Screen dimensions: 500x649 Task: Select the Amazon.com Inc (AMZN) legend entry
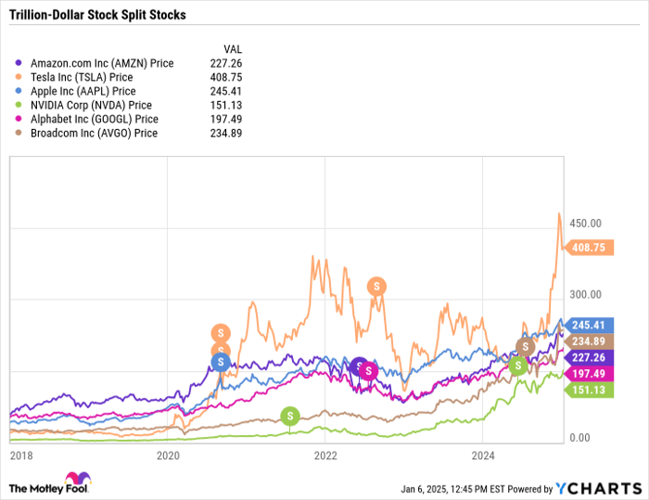pyautogui.click(x=101, y=63)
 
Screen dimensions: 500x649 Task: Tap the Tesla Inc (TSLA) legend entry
pyautogui.click(x=83, y=77)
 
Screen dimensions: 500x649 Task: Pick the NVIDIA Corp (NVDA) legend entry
pyautogui.click(x=90, y=105)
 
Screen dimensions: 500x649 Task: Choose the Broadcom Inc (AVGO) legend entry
pyautogui.click(x=94, y=133)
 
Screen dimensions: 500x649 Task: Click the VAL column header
pyautogui.click(x=235, y=48)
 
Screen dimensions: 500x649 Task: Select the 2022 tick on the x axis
pyautogui.click(x=325, y=455)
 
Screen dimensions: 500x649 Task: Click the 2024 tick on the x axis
pyautogui.click(x=482, y=455)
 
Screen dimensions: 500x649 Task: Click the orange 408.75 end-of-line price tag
pyautogui.click(x=590, y=248)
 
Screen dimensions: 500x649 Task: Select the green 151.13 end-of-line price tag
pyautogui.click(x=590, y=390)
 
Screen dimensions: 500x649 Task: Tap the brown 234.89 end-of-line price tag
pyautogui.click(x=590, y=340)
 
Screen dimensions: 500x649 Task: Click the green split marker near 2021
pyautogui.click(x=290, y=415)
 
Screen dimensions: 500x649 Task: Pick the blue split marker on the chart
pyautogui.click(x=221, y=362)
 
